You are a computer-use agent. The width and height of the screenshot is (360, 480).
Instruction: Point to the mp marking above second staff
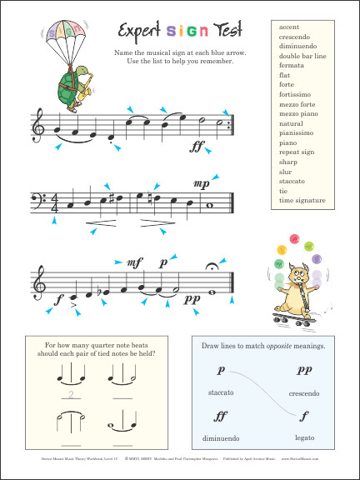[200, 183]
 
